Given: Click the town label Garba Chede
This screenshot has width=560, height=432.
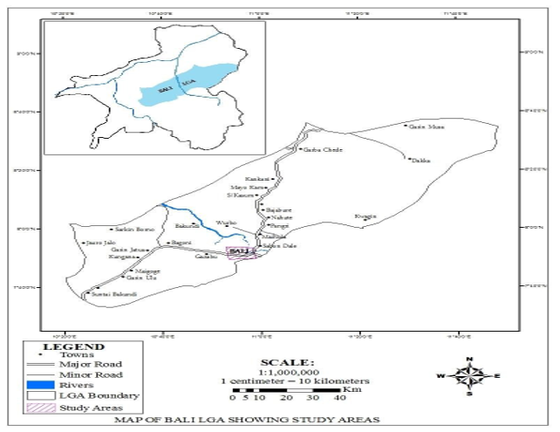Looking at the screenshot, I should (x=319, y=149).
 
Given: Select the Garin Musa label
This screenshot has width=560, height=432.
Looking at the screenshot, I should (x=427, y=127).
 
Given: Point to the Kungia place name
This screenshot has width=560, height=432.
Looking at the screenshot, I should (x=365, y=215).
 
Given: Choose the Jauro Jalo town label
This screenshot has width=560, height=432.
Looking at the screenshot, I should (x=100, y=242).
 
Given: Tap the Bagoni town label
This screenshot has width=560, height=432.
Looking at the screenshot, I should (x=181, y=242).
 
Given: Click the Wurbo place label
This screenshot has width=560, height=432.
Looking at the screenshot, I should (x=226, y=224).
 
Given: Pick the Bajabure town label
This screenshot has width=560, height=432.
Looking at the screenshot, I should (x=278, y=210).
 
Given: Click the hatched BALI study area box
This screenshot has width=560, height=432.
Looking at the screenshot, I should (x=241, y=252).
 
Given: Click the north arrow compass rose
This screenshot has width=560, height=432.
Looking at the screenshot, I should (x=470, y=376).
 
